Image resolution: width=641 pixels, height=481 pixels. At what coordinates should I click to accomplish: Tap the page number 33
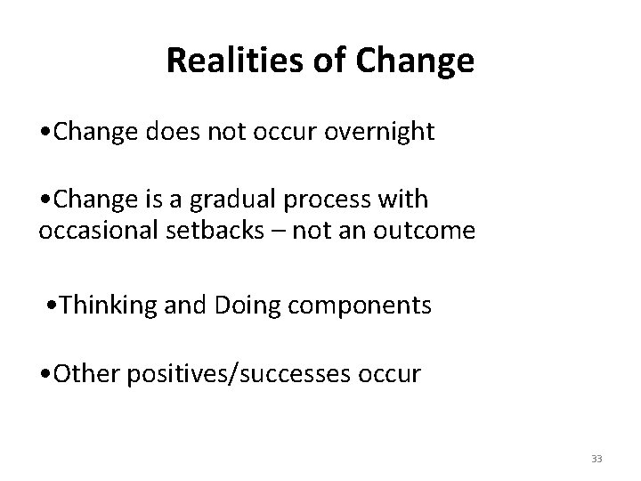596,459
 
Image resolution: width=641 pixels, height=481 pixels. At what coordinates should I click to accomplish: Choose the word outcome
431,232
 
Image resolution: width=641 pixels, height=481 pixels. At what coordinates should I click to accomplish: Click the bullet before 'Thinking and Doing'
56,306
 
